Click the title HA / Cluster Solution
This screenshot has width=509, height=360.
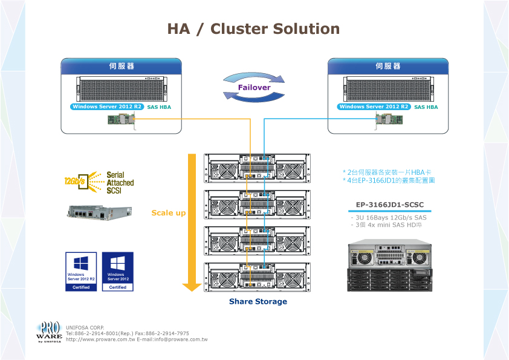[253, 29]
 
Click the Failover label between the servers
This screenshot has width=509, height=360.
[254, 88]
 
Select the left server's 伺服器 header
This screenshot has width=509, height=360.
[122, 66]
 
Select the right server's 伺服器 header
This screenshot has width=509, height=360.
[387, 66]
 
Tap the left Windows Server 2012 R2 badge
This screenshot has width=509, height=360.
[106, 107]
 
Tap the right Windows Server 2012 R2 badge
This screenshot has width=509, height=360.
[374, 107]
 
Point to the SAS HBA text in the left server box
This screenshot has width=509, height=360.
[160, 107]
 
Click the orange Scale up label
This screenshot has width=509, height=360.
[169, 213]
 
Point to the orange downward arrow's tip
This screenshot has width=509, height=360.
[192, 289]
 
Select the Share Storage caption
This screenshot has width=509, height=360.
[258, 301]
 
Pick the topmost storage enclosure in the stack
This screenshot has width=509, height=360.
[258, 169]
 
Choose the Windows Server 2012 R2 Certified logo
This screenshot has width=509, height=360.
[81, 272]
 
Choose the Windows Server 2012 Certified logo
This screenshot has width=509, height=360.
[118, 272]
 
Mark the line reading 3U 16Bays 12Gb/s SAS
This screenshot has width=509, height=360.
[390, 217]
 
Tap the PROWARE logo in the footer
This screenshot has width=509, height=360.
[49, 332]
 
